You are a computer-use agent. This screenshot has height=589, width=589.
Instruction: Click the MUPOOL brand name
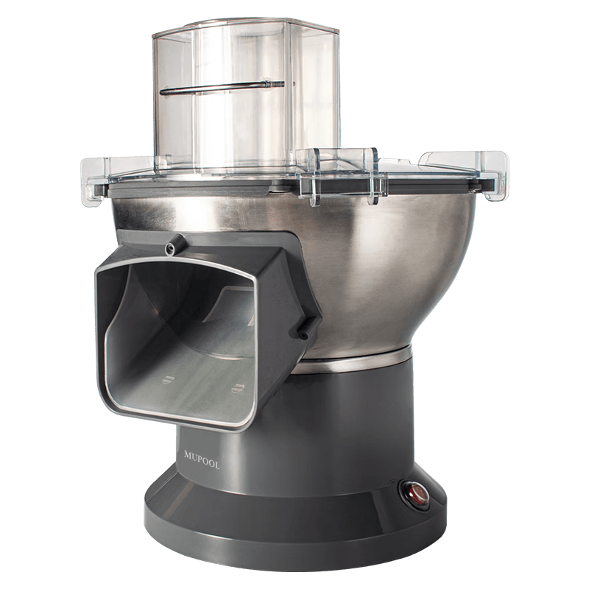(202, 459)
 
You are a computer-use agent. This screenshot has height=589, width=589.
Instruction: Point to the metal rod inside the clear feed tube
(222, 87)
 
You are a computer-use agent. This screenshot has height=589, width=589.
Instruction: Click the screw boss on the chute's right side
(307, 328)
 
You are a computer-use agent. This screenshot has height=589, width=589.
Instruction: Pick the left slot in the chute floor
(169, 379)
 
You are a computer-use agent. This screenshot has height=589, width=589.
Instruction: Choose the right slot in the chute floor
(237, 387)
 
